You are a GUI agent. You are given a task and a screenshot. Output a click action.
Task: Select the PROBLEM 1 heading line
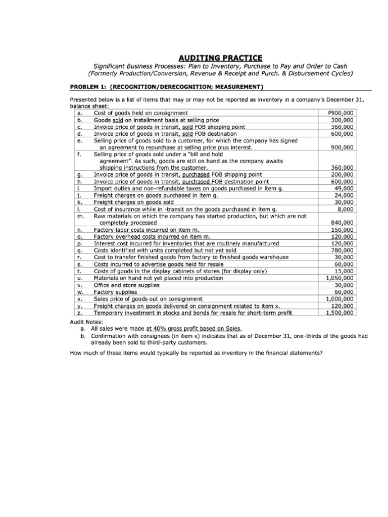click(168, 86)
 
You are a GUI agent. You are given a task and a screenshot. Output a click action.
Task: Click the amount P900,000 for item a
click(341, 113)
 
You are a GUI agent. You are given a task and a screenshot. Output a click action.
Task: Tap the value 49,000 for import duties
click(344, 188)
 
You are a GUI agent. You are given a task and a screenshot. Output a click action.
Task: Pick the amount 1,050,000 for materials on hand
click(339, 278)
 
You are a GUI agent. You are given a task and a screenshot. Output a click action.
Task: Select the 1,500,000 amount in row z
click(339, 313)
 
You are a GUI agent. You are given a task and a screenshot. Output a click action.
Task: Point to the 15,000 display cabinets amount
click(344, 271)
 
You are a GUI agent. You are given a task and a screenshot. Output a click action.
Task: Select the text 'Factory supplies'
click(115, 292)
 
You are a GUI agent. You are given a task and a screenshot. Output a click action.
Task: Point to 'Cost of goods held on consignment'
click(141, 113)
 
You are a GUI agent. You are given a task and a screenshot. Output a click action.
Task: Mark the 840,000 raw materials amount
click(343, 223)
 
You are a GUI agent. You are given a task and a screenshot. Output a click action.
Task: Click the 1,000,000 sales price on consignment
click(339, 299)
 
